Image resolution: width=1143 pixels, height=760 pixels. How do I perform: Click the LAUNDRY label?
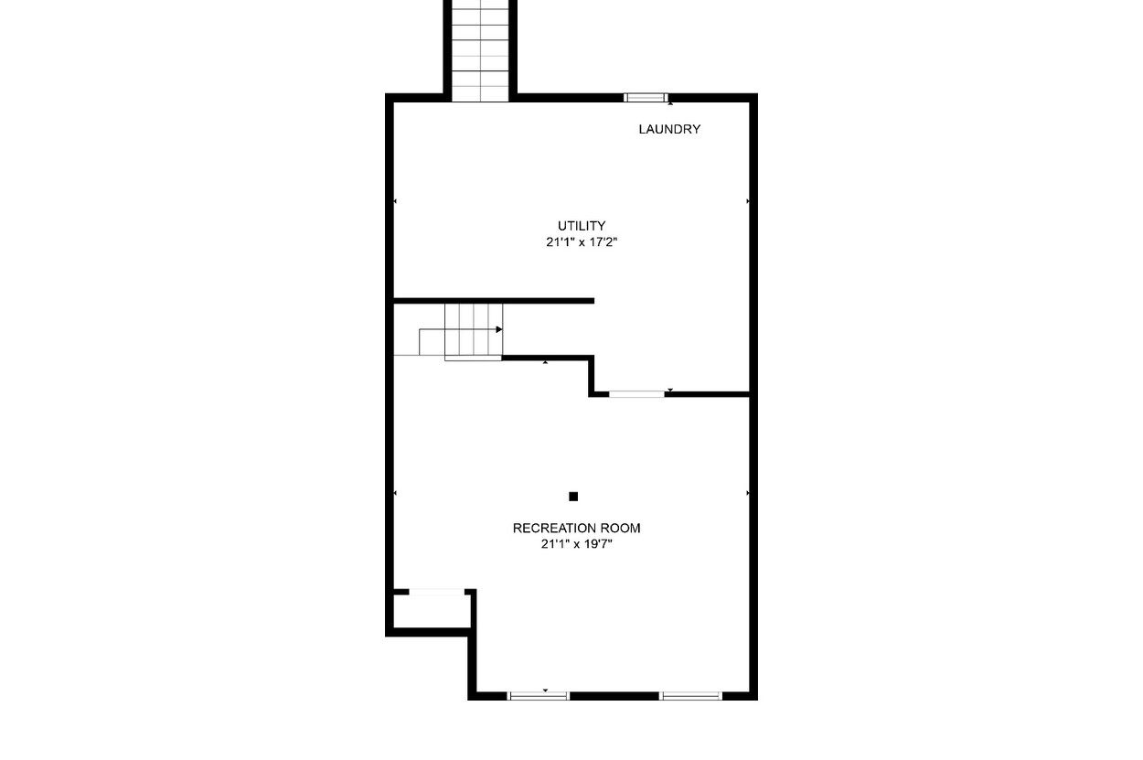669,129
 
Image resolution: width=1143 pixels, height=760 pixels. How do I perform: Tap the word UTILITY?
582,226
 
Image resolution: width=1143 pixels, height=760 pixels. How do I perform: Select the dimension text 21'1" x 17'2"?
582,242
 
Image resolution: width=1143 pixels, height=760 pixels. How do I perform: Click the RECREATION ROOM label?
576,528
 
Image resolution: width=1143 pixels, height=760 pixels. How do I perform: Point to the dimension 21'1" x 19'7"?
576,544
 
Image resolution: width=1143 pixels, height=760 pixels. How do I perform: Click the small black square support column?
573,496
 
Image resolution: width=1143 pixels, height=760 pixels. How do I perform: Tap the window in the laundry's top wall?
646,98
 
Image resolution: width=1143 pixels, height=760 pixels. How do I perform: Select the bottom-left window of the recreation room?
539,696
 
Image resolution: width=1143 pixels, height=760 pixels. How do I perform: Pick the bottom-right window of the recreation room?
690,696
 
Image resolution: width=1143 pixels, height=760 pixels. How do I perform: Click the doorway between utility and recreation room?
636,394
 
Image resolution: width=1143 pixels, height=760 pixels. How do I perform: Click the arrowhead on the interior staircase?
499,329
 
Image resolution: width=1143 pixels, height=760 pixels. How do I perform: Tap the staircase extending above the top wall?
480,51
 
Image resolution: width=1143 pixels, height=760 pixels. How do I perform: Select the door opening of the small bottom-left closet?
437,592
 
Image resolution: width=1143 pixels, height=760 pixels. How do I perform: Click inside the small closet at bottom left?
432,611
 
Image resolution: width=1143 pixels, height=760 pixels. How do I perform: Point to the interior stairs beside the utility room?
474,330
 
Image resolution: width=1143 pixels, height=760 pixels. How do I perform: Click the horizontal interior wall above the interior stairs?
494,301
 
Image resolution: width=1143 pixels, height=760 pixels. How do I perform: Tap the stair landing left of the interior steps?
432,342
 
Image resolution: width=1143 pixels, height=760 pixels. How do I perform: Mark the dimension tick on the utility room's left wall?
395,201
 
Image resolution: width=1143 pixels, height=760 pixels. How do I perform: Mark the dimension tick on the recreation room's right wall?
748,493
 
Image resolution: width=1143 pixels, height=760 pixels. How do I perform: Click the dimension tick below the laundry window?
670,103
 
